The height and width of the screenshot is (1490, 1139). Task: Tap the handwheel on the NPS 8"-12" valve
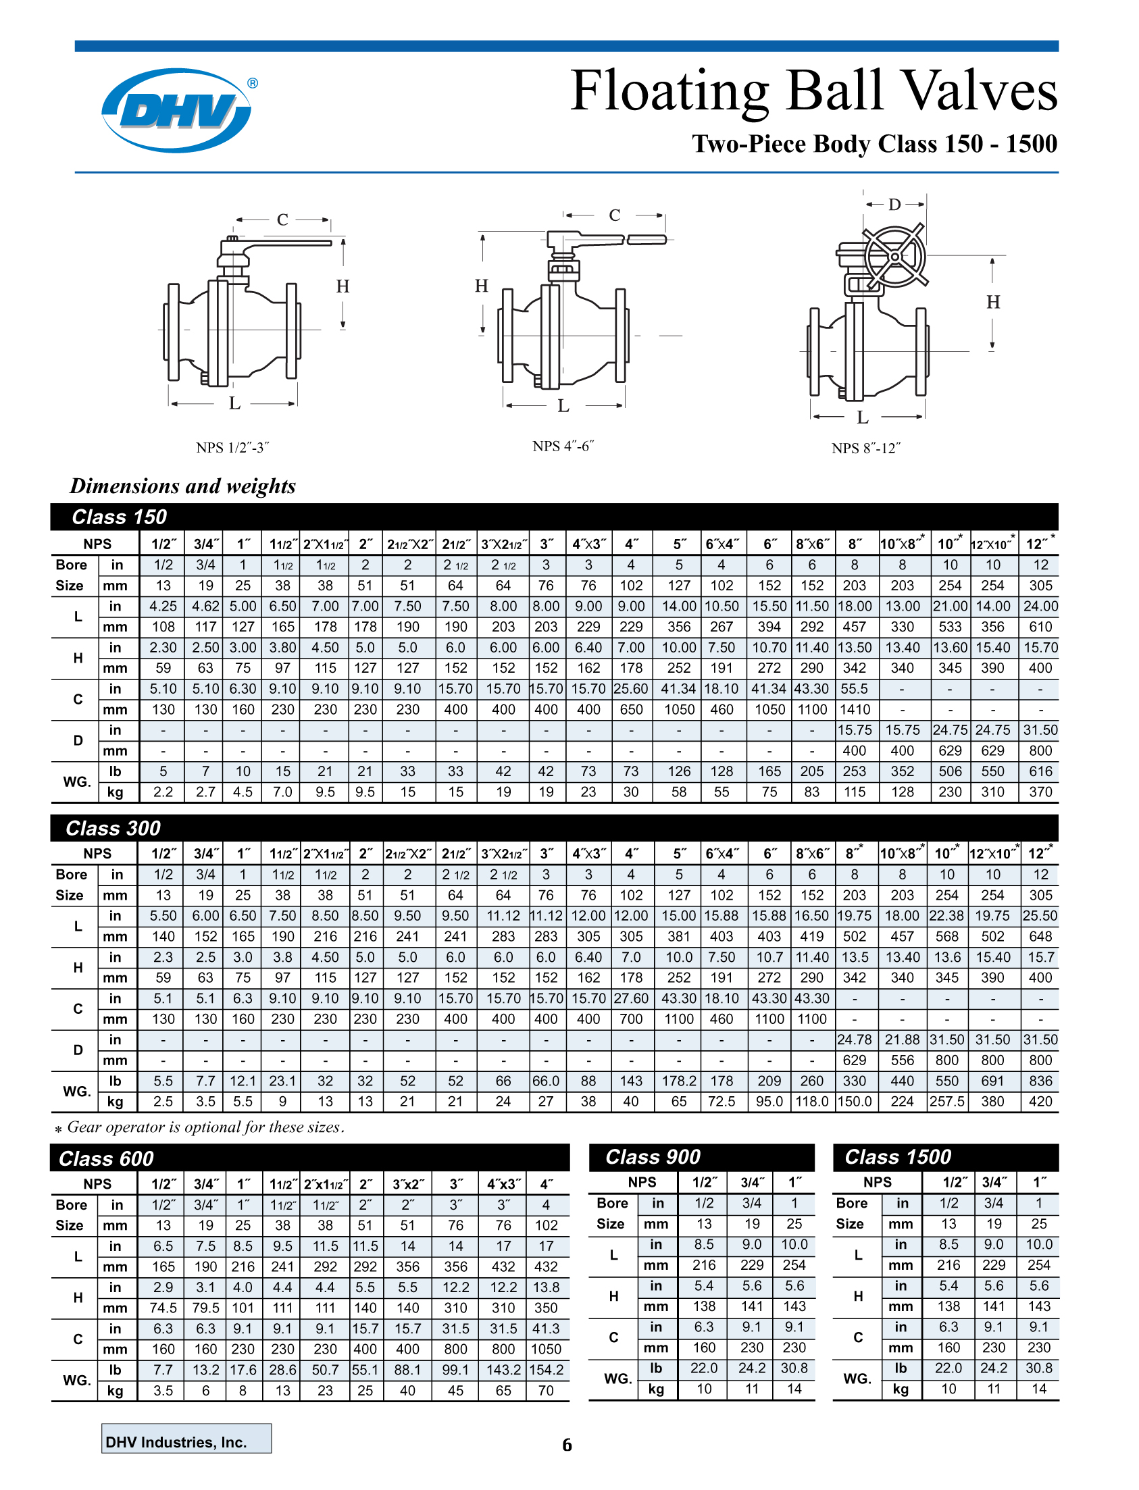[x=894, y=257]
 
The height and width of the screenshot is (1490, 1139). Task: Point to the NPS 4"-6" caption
[x=563, y=446]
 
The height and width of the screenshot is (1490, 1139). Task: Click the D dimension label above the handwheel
[x=894, y=204]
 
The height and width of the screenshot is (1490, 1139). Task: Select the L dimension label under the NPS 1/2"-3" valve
[x=234, y=403]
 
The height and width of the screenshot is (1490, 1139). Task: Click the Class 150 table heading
[x=120, y=517]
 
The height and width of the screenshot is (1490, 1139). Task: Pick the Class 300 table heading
[x=113, y=828]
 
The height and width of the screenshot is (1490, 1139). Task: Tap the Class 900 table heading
[x=653, y=1157]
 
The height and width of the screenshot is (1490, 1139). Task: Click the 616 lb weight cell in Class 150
[x=1040, y=771]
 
